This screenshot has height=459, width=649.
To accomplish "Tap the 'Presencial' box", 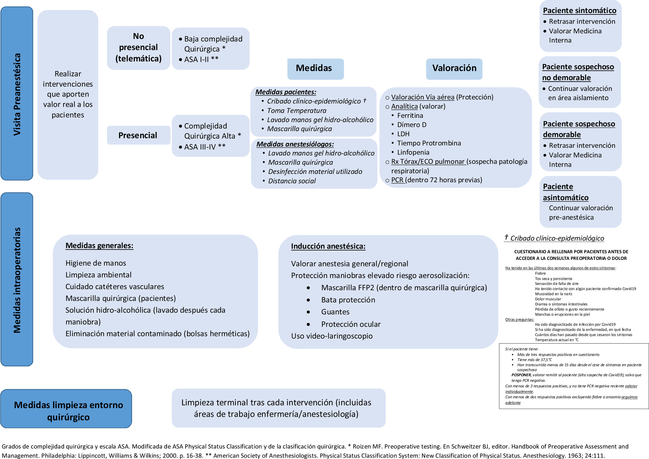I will pos(138,135).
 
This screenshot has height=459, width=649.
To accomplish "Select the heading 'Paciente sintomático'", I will pos(579,11).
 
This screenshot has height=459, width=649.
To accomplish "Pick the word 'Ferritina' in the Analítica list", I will pos(410,116).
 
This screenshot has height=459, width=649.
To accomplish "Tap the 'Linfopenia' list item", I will pos(413,152).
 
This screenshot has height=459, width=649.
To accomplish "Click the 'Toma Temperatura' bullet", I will pos(297,111).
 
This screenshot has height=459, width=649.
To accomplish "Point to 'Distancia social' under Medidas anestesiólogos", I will pos(292,181).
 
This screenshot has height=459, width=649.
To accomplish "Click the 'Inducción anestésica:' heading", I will pos(328,246).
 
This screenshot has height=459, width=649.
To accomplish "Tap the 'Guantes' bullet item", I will pos(335,312).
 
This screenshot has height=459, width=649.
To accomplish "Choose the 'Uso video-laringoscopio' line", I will pos(332,336).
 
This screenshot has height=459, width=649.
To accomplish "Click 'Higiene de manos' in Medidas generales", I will pos(96,263).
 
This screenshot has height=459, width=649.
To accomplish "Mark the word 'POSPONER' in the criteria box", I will pos(521,375).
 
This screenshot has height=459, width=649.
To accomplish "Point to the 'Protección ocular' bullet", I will pos(351,324).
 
